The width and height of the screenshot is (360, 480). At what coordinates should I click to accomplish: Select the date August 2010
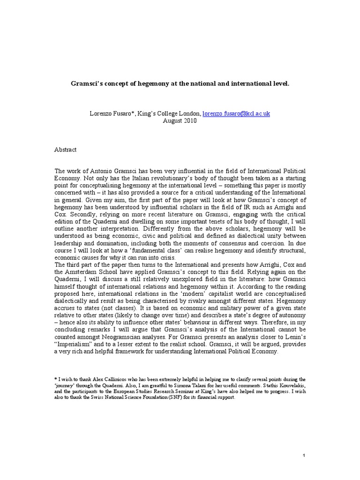180,120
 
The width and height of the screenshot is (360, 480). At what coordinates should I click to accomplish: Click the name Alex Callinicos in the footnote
95,378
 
